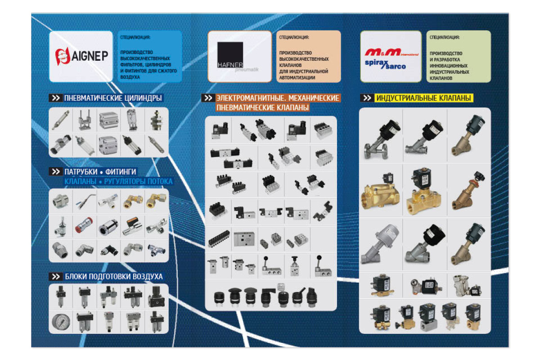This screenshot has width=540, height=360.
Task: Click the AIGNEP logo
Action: point(81,56)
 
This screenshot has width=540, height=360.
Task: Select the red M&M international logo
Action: point(391,53)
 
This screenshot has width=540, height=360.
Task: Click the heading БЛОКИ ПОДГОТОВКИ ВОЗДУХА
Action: point(113,276)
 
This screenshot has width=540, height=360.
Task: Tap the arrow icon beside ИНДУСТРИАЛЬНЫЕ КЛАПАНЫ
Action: point(367,98)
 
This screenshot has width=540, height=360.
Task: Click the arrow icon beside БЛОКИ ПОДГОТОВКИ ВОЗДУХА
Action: point(56,276)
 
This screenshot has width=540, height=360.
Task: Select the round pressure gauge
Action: point(60,322)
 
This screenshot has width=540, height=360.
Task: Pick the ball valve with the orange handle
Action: point(132,225)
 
